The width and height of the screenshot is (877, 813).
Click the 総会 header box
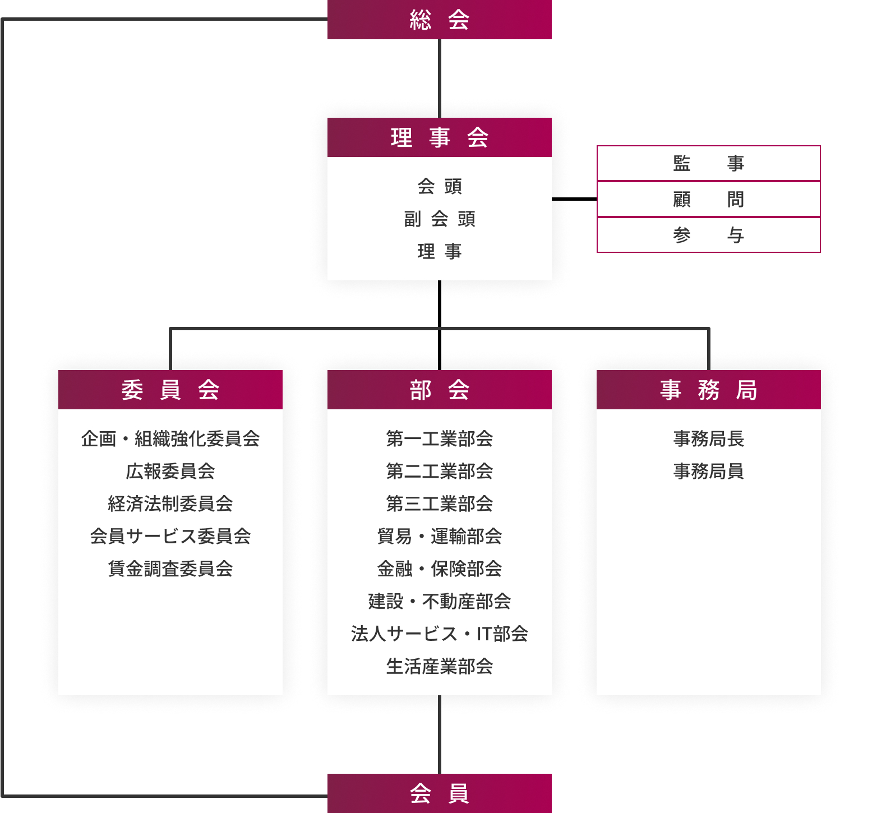pos(440,20)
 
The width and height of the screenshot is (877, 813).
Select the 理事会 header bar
pos(440,137)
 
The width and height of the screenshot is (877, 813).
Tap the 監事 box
pos(709,163)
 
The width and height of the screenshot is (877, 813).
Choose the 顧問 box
pos(709,199)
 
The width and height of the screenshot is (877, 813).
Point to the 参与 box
pos(709,235)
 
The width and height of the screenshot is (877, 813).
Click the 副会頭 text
pos(440,219)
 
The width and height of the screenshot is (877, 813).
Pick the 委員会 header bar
pos(170,390)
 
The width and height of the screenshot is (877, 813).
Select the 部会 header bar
pos(440,390)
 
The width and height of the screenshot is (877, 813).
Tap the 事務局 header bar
pos(709,390)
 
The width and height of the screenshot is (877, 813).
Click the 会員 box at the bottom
pos(440,793)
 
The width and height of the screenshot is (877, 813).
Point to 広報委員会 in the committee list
pos(170,471)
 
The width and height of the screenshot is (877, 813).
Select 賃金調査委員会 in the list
pos(170,569)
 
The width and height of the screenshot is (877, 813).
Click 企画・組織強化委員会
pos(170,438)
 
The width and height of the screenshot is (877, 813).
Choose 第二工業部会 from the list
pos(440,471)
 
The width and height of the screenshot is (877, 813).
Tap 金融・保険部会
pos(440,569)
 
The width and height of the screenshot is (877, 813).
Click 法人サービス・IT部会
pos(440,634)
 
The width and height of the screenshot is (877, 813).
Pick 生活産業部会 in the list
pos(440,666)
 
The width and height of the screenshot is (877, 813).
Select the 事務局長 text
pos(709,438)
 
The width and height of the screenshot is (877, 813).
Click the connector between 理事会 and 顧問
pos(574,199)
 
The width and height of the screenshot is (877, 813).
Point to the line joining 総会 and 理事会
pos(440,78)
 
